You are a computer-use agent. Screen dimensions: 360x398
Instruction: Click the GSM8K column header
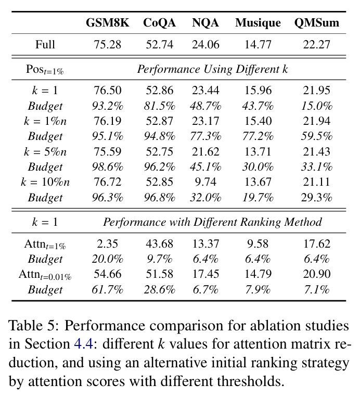[107, 22]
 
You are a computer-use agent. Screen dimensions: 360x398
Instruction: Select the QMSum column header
[317, 22]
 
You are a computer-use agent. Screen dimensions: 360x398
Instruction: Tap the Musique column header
[258, 23]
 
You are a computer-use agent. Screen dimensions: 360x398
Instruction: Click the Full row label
[45, 44]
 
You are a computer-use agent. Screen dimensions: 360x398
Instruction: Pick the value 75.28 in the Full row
[107, 45]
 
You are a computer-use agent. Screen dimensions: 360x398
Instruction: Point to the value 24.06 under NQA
[205, 45]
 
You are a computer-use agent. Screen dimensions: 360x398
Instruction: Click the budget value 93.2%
[107, 106]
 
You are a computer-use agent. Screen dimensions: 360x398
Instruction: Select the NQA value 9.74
[205, 182]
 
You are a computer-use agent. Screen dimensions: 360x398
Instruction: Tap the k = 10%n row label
[45, 182]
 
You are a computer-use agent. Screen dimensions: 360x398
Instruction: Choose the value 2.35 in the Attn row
[107, 243]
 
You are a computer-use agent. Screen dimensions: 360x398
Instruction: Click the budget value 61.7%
[107, 289]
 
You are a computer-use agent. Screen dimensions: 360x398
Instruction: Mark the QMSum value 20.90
[317, 274]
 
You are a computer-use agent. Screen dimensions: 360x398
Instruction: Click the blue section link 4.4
[83, 344]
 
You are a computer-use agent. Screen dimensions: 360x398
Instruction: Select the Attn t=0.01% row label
[45, 275]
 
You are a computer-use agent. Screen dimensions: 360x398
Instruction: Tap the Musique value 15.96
[258, 91]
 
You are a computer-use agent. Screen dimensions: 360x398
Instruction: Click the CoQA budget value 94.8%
[159, 136]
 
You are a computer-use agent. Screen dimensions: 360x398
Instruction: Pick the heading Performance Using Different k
[212, 69]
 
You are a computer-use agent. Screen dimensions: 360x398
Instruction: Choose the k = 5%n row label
[45, 151]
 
